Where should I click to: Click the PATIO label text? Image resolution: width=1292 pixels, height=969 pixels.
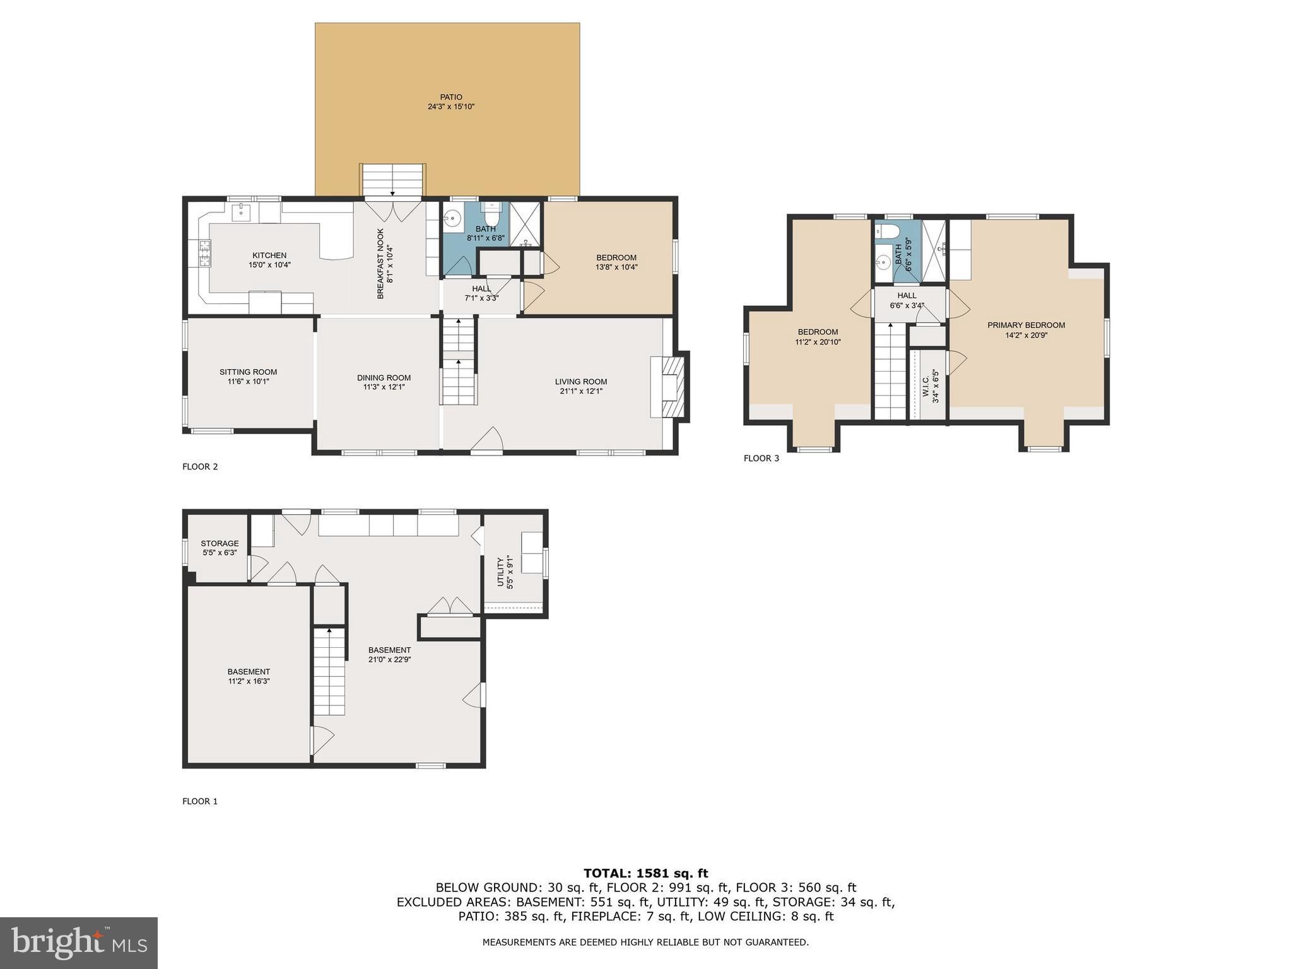tap(451, 97)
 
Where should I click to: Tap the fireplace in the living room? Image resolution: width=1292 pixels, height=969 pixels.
tap(671, 387)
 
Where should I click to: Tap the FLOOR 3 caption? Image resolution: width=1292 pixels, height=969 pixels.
tap(761, 458)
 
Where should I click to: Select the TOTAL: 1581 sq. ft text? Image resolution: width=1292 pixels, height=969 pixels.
tap(645, 873)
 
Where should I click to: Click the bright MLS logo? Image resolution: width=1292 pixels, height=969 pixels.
tap(79, 943)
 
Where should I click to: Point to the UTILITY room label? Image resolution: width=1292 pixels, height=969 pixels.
tap(501, 572)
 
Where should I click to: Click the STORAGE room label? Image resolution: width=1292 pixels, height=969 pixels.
tap(220, 543)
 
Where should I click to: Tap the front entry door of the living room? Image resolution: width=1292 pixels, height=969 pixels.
tap(488, 441)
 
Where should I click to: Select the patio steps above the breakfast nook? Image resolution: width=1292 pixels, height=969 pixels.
tap(393, 180)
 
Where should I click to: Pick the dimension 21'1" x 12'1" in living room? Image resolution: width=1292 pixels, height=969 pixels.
tap(581, 391)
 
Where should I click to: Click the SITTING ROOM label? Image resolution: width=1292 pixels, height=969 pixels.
tap(248, 372)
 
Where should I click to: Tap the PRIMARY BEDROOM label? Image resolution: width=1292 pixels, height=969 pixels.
tap(1026, 326)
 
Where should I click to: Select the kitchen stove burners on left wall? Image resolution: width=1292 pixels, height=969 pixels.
tap(205, 254)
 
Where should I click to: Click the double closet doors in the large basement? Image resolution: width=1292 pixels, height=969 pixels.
tap(450, 606)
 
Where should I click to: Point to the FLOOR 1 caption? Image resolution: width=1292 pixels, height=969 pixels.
tap(200, 801)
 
